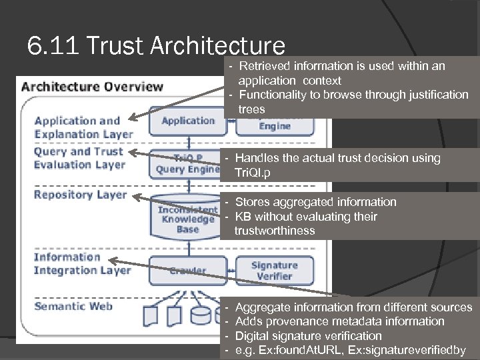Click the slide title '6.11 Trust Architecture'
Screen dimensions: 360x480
156,45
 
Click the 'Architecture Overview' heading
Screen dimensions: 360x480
92,86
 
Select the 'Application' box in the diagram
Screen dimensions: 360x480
188,121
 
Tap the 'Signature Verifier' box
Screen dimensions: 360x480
274,270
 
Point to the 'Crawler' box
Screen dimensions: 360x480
187,271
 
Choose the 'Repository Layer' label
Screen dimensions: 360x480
80,195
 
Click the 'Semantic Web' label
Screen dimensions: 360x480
73,306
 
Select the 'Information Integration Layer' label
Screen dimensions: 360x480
82,263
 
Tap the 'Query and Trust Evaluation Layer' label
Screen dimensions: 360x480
79,158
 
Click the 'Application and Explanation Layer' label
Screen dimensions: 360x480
83,127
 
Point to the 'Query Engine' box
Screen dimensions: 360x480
187,164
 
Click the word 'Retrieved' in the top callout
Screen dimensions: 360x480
263,66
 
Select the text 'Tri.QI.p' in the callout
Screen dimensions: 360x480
254,173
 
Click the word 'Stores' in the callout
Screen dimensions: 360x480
251,202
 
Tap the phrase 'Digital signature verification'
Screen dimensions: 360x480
309,335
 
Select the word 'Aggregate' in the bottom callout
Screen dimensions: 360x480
262,307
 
